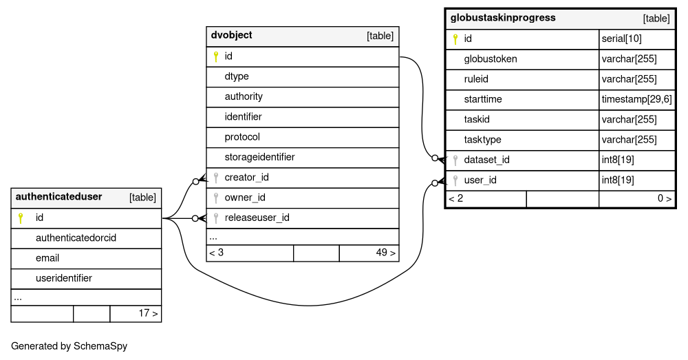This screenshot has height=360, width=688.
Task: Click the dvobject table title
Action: coord(231,35)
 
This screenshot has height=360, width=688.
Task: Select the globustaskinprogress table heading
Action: coord(503,18)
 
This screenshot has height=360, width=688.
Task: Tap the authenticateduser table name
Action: coord(58,196)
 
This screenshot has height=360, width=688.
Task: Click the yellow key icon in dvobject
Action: coord(215,56)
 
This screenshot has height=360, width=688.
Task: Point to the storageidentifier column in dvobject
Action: coord(260,157)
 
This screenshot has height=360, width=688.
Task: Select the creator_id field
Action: coord(246,178)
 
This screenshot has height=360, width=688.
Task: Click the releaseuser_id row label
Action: coord(257,218)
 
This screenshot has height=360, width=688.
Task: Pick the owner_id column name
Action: coord(245,198)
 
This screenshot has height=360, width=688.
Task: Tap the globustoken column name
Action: coord(491,59)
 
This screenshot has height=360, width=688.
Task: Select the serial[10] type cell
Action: coord(622,39)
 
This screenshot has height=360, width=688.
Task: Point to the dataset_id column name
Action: coord(486,160)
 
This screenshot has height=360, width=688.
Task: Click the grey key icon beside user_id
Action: coord(455,180)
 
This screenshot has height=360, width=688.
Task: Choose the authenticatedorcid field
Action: coord(76,238)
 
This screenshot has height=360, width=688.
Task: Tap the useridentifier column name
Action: coord(64,278)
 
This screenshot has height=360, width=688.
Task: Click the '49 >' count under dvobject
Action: coord(386,253)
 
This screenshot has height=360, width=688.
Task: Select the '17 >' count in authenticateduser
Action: coord(149,313)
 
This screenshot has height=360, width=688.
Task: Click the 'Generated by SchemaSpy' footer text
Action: coord(69,346)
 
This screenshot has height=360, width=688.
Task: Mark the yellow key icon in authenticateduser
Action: coord(20,218)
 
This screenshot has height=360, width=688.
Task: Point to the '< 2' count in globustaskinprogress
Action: coord(456,198)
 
